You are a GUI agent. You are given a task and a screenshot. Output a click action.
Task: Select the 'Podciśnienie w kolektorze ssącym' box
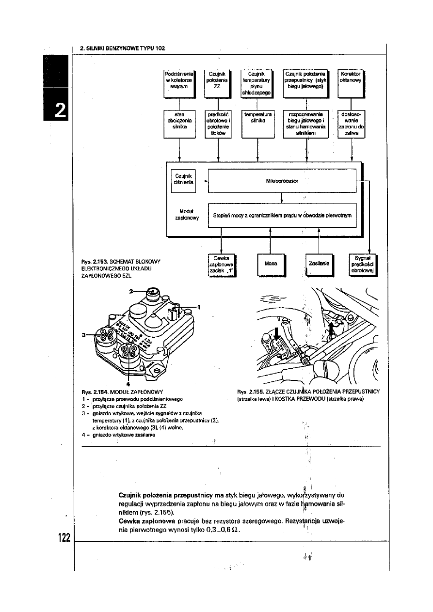coord(179,80)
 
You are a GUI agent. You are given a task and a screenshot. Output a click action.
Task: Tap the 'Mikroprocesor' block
coord(282,181)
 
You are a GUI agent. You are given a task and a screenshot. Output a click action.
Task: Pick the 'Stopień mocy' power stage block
coord(282,215)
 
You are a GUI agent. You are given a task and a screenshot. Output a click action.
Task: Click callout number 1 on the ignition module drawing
coord(199,306)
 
